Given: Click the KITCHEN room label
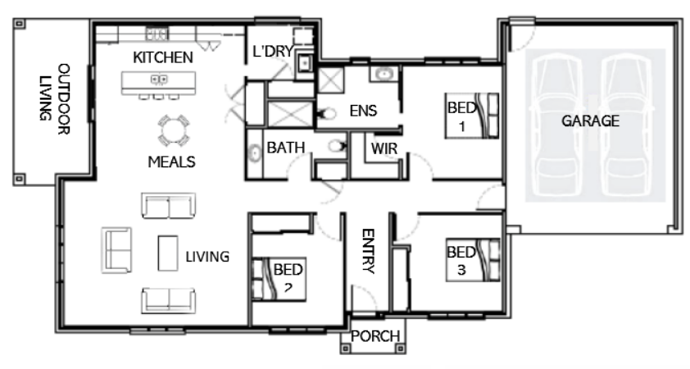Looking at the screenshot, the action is coord(163,57).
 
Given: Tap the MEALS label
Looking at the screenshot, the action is coord(171,162).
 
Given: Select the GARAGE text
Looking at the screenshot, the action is coord(591,121).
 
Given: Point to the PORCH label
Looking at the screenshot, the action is coord(375,336).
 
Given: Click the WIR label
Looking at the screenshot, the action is coord(384,149).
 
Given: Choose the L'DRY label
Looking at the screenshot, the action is coord(273,51).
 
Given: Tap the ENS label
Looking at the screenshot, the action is coord(364,111).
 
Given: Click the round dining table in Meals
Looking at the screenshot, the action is coord(174,130).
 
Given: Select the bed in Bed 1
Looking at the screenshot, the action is coord(472,116).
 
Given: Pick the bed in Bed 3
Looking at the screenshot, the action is coord(473,260).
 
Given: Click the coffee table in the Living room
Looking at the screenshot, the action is coord(168,253).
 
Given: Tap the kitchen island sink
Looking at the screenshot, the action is coord(159,80).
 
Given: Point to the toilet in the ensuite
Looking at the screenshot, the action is coord(326,114).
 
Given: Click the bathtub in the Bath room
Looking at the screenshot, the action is coord(255,153).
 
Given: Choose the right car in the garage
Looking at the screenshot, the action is coord(627,125).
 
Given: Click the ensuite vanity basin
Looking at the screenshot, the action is coord(384,74).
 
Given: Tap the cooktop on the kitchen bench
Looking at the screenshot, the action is coord(157,34).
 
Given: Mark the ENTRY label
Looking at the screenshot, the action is coord(368,251).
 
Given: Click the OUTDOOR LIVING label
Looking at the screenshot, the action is coord(55,98).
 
